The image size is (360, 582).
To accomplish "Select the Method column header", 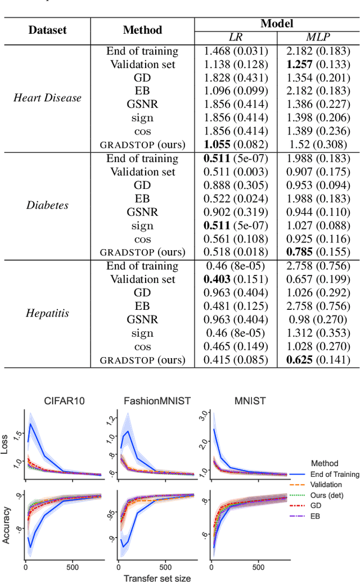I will click(x=142, y=30).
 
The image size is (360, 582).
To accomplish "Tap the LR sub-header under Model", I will click(x=236, y=37).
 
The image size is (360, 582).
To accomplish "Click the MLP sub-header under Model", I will click(x=318, y=37).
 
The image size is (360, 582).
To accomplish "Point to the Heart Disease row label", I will click(x=47, y=98).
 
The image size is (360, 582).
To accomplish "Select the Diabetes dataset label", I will click(x=47, y=205).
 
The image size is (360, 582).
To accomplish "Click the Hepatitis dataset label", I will click(x=47, y=313).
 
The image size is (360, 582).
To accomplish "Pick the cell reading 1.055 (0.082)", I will click(x=236, y=144).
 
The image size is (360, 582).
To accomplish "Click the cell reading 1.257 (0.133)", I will click(x=318, y=64).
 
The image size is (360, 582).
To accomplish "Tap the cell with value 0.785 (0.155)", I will click(x=318, y=252).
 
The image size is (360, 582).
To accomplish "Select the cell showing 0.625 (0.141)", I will click(x=318, y=359).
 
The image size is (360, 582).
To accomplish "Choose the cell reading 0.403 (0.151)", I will click(x=236, y=279).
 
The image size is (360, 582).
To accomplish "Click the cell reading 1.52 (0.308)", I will click(x=318, y=144).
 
